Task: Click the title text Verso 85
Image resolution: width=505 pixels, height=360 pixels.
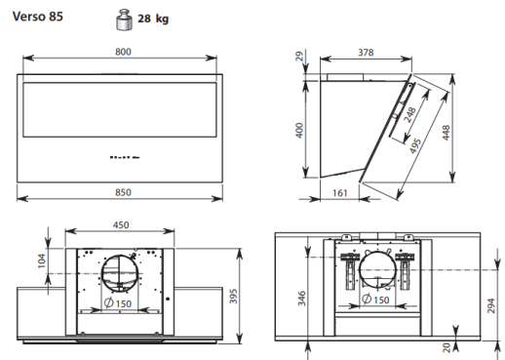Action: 38,17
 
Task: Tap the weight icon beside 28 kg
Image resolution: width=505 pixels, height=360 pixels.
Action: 124,20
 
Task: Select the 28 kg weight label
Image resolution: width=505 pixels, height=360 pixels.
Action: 153,19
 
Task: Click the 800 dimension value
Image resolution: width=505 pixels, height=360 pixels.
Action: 123,52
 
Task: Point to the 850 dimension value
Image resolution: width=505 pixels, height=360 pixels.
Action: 123,192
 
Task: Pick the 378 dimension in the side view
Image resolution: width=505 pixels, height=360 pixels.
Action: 366,53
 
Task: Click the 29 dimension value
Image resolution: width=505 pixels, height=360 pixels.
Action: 299,56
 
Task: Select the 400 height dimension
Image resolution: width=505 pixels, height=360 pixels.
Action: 299,130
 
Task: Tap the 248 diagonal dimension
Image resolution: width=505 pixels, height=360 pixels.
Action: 409,115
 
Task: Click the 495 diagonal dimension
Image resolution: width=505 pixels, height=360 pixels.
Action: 415,146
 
